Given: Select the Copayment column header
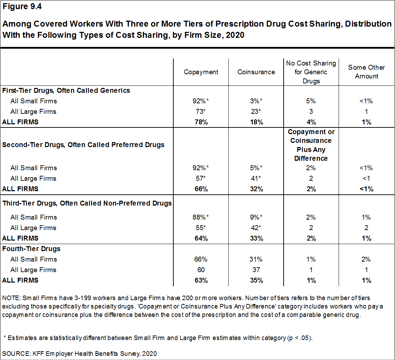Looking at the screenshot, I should pyautogui.click(x=201, y=72).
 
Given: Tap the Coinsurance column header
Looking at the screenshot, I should pyautogui.click(x=256, y=72).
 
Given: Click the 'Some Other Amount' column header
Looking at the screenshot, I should pyautogui.click(x=366, y=72).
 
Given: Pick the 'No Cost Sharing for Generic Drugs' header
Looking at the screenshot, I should pyautogui.click(x=311, y=72).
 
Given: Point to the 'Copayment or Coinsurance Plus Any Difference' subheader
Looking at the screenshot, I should pyautogui.click(x=311, y=145).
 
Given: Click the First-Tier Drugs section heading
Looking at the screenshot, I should pyautogui.click(x=66, y=90).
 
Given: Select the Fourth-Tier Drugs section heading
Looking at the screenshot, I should pyautogui.click(x=31, y=249).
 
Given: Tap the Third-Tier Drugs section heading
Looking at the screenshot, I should pyautogui.click(x=87, y=203).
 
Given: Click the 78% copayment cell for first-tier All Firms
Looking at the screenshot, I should pyautogui.click(x=201, y=122).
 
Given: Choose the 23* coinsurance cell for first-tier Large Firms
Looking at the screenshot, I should pyautogui.click(x=256, y=112).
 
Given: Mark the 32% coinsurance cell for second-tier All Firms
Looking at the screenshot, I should pyautogui.click(x=256, y=189).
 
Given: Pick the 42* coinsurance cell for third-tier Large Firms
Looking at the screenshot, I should pyautogui.click(x=256, y=228).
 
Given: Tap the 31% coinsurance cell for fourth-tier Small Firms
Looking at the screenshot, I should pyautogui.click(x=256, y=259).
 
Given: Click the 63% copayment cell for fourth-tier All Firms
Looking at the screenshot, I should pyautogui.click(x=201, y=281).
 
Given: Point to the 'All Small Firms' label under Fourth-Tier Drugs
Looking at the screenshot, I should pyautogui.click(x=34, y=259).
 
